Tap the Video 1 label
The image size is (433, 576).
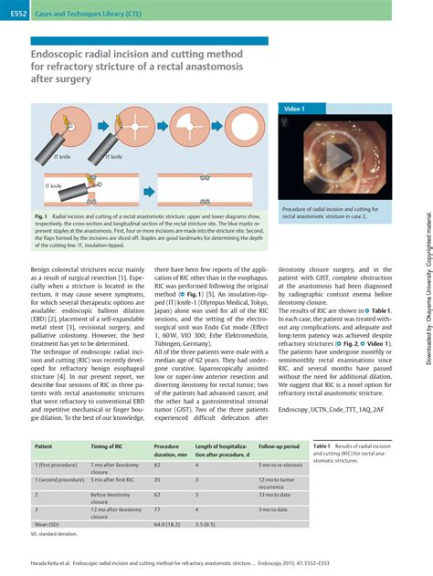tap(295, 109)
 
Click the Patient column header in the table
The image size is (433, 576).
tap(43, 446)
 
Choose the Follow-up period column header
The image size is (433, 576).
tap(279, 446)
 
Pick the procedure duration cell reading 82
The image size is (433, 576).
tap(157, 465)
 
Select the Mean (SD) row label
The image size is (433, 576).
tap(48, 525)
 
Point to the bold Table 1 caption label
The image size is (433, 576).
tap(324, 445)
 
